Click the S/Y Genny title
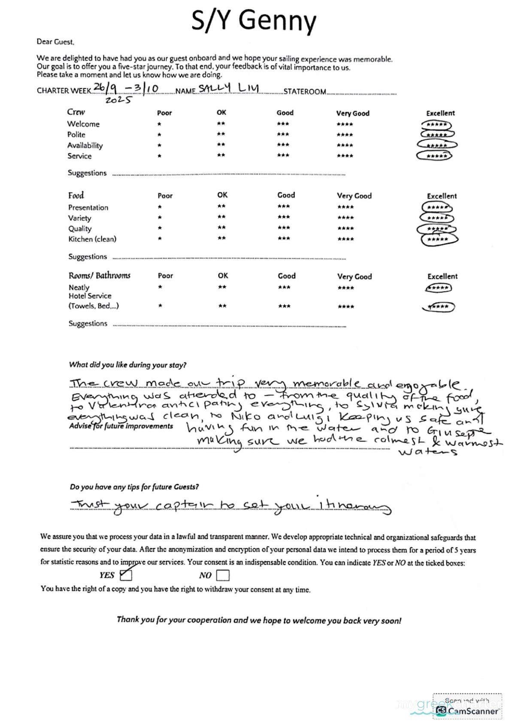coord(254,21)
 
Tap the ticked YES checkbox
coord(126,575)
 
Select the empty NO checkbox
coord(223,575)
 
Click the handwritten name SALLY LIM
coord(229,88)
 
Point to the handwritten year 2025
coord(119,100)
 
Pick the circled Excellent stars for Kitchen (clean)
coord(438,239)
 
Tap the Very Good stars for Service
coord(345,156)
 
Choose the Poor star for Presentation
coord(160,207)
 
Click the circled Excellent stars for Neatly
coord(438,288)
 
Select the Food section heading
coord(76,196)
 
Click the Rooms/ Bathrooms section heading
coord(99,275)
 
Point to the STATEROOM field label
coord(305,91)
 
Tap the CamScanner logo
coord(467,710)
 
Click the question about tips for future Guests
coord(134,487)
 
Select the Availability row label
coord(85,145)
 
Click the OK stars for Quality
coord(221,228)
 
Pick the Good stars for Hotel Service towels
coord(284,306)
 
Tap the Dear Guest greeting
coord(55,42)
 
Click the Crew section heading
coord(76,112)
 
